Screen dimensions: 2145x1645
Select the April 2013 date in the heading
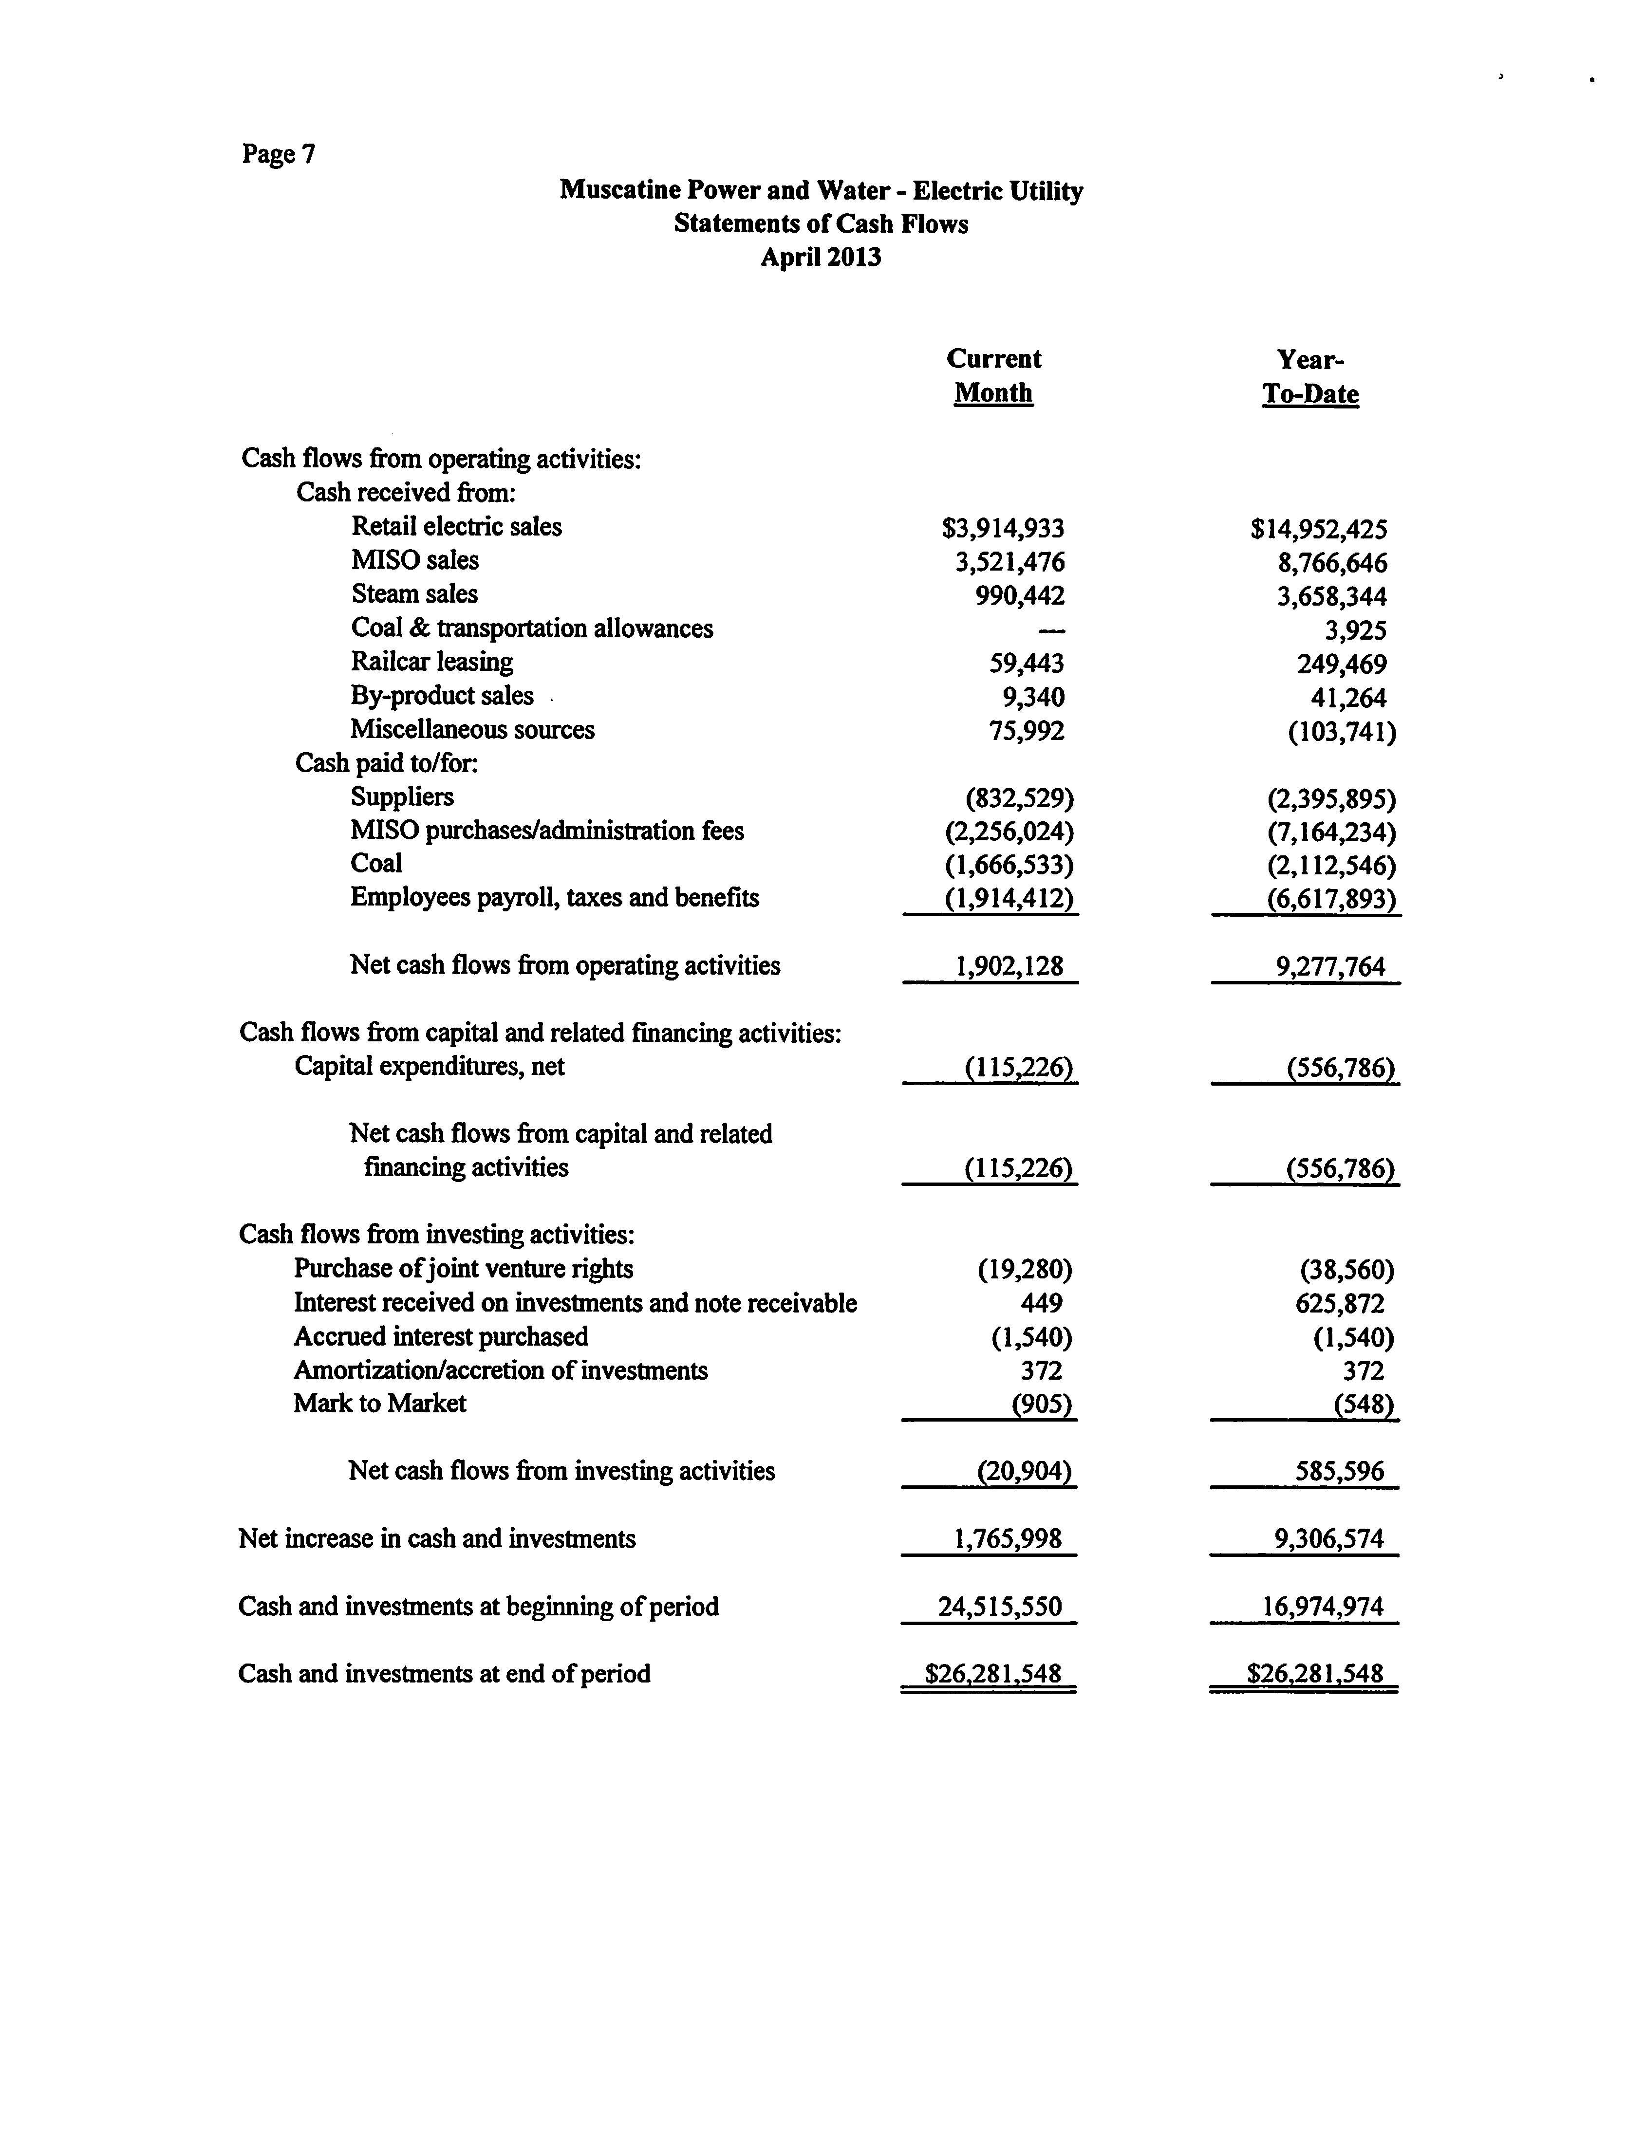[x=821, y=258]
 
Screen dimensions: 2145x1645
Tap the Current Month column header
[x=994, y=376]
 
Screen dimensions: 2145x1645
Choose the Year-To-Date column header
[x=1310, y=377]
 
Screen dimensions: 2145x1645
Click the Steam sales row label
[x=414, y=594]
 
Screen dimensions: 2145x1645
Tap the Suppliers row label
[x=401, y=797]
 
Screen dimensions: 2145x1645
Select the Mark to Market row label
[x=380, y=1404]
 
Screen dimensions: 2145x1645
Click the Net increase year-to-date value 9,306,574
[x=1329, y=1539]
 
